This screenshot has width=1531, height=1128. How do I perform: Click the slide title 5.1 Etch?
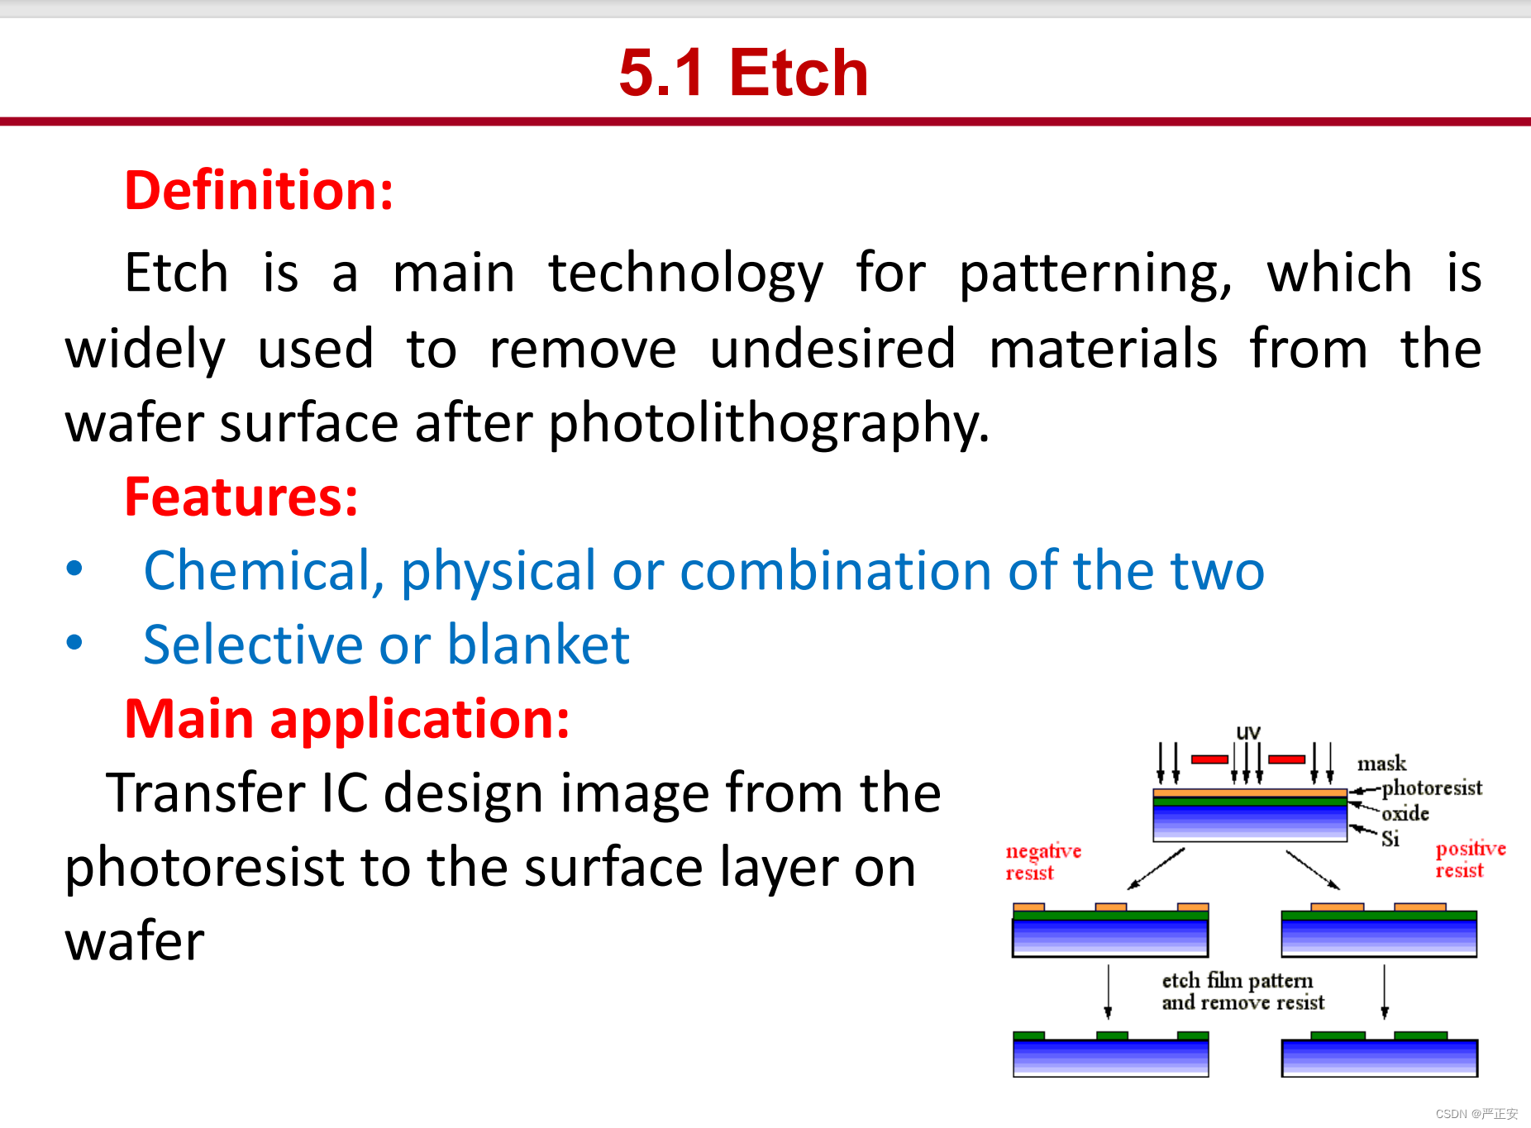743,73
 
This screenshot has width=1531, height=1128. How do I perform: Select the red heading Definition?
259,190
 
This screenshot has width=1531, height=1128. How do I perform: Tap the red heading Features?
241,497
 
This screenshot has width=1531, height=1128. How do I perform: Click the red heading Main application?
347,719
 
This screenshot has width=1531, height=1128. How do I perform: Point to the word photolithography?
768,424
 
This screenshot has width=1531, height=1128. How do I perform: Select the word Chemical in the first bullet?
264,571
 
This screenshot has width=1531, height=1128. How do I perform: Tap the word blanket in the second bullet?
538,645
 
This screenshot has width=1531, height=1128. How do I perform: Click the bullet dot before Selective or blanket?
74,642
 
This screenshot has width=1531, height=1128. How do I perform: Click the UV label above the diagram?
1248,732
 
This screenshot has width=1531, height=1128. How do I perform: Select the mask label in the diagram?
1381,764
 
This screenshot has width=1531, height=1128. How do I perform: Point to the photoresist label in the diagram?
1432,788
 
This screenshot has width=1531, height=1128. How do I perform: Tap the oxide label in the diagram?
1405,813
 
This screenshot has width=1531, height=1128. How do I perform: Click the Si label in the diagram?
1390,839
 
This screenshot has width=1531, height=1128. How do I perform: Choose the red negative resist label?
1043,862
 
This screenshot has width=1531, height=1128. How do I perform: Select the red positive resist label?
1471,859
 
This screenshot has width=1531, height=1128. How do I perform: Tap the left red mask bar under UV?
1209,759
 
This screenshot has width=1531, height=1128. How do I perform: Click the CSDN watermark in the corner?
1476,1114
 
